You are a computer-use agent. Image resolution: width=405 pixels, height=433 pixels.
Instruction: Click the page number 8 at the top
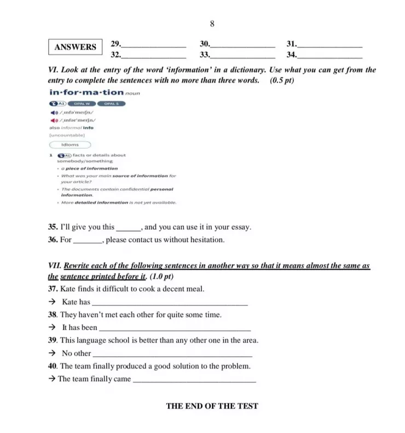212,24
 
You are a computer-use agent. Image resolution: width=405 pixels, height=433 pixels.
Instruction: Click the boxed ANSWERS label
75,47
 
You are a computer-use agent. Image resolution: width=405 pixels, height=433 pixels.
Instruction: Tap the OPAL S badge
112,103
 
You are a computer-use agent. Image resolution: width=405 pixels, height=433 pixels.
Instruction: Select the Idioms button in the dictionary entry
70,145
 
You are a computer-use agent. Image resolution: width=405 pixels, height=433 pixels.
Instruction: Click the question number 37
53,289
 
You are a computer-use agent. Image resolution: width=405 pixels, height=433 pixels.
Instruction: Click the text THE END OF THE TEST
212,406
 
